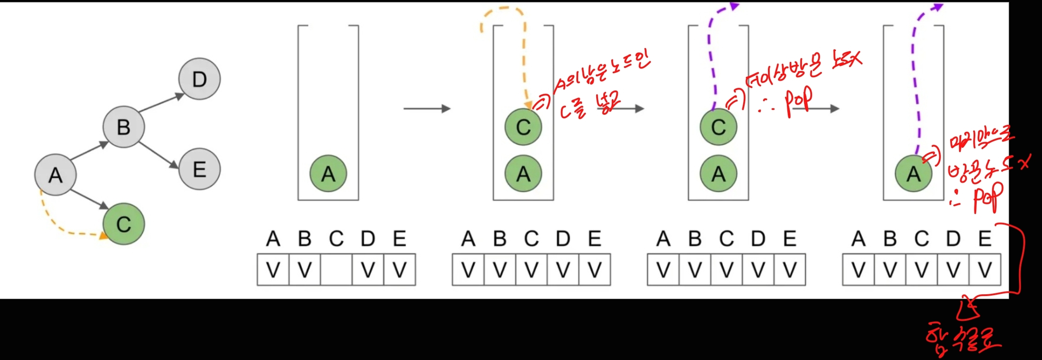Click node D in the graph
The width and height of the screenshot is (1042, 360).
click(x=199, y=79)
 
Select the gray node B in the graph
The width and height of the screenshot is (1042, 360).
click(x=124, y=127)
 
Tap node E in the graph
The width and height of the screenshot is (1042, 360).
click(x=199, y=169)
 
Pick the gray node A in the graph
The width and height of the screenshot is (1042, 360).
click(x=56, y=175)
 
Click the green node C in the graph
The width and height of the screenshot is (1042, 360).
click(x=124, y=224)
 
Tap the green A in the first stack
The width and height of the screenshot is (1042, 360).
click(x=328, y=173)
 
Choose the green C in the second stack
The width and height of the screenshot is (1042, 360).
click(x=523, y=127)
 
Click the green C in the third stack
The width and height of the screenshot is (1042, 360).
click(x=718, y=127)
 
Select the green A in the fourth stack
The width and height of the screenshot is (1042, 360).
click(x=914, y=173)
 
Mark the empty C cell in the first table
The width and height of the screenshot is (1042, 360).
click(x=336, y=270)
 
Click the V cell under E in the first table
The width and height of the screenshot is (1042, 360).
click(x=399, y=270)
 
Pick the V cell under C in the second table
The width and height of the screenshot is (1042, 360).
click(x=531, y=270)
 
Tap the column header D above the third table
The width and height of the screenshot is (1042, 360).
click(x=758, y=239)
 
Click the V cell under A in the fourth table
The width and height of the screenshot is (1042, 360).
click(x=858, y=270)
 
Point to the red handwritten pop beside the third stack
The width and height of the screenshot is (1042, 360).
click(x=798, y=103)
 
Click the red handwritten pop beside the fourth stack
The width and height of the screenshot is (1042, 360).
click(x=988, y=197)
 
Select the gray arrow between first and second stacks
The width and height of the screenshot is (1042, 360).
click(x=427, y=109)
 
